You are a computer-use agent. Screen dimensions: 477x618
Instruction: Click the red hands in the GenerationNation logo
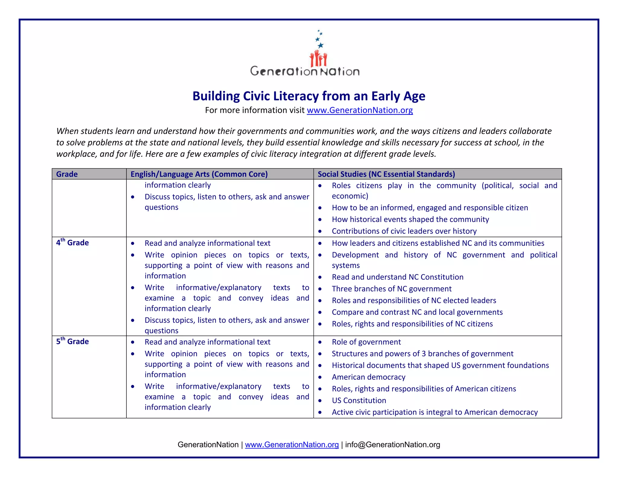click(318, 58)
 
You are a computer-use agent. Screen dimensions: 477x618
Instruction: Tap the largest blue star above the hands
click(320, 45)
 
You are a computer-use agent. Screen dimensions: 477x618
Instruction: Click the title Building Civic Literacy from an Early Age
click(309, 96)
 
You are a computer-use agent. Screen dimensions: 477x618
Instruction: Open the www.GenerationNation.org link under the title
click(360, 110)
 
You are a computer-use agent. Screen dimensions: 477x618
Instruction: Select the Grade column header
click(67, 174)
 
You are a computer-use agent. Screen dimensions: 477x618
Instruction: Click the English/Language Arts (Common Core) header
click(199, 174)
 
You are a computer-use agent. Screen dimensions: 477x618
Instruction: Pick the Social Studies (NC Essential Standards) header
click(386, 174)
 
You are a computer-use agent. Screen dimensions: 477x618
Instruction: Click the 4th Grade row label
click(72, 243)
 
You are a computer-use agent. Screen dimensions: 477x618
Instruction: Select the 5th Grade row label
click(72, 341)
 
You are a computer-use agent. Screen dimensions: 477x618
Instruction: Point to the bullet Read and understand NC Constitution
click(397, 277)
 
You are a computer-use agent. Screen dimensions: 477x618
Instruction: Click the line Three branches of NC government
click(391, 289)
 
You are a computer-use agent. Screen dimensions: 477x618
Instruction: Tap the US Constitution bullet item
click(359, 400)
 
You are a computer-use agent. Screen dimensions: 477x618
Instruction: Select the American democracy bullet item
click(368, 377)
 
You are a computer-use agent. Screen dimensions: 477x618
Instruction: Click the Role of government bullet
click(366, 342)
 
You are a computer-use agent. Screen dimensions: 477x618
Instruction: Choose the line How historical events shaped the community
click(410, 220)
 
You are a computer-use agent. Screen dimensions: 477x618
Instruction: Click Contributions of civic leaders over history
click(404, 231)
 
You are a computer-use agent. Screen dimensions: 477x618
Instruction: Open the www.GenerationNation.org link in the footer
click(291, 445)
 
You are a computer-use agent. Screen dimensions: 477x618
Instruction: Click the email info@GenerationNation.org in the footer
click(392, 445)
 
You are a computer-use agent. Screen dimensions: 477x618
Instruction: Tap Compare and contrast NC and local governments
click(417, 312)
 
